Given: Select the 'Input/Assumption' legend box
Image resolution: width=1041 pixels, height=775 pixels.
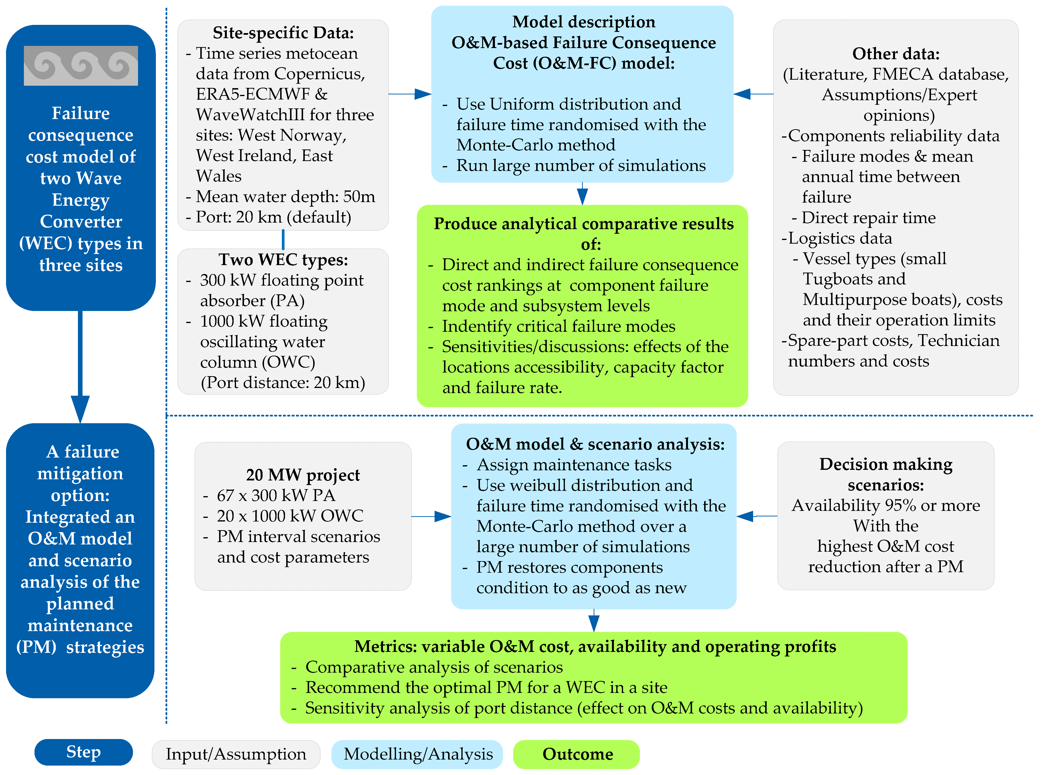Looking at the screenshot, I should pyautogui.click(x=236, y=754).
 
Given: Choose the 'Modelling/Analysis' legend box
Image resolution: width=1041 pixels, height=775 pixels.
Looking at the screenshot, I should pyautogui.click(x=417, y=754).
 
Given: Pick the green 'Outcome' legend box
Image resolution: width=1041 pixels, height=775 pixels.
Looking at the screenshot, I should pyautogui.click(x=577, y=754).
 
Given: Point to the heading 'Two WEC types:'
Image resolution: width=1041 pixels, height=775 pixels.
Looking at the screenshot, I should pyautogui.click(x=283, y=260).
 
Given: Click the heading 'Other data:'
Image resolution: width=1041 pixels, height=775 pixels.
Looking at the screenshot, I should pyautogui.click(x=896, y=54).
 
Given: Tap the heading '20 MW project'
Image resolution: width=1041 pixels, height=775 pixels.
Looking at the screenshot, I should pyautogui.click(x=303, y=475).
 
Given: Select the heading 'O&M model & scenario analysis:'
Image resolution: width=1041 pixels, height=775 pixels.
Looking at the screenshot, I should pyautogui.click(x=595, y=444).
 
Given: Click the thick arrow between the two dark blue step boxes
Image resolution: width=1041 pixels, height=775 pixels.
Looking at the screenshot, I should pyautogui.click(x=80, y=366).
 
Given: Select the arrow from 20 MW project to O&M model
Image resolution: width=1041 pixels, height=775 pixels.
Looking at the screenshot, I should pyautogui.click(x=431, y=516).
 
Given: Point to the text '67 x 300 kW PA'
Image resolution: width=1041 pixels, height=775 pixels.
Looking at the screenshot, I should pyautogui.click(x=276, y=495).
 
